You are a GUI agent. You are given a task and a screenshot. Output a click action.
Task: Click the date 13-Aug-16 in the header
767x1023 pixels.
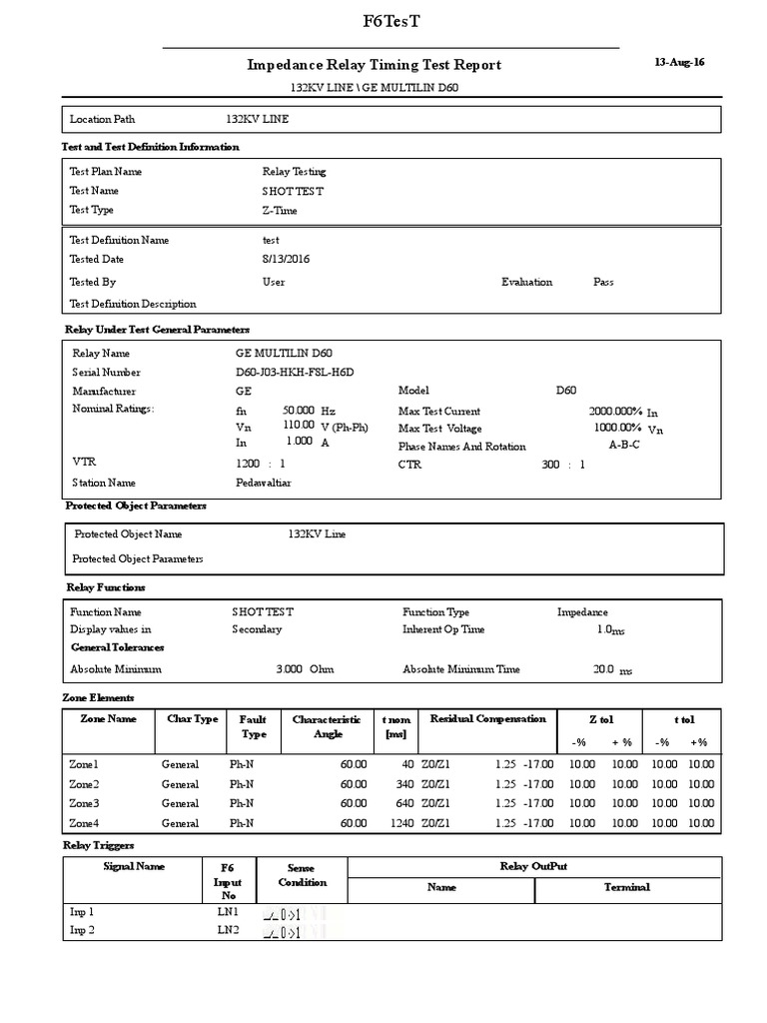point(679,62)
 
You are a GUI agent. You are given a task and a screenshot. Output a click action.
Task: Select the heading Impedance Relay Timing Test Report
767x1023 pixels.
point(374,65)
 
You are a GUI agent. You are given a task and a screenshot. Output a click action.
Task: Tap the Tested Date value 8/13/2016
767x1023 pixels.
point(286,259)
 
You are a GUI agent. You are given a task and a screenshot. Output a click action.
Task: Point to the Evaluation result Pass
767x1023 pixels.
point(603,282)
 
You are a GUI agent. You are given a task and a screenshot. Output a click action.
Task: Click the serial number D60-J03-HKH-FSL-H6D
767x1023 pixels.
point(295,373)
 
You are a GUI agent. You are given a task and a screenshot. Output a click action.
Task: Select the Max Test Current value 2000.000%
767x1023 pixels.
point(614,412)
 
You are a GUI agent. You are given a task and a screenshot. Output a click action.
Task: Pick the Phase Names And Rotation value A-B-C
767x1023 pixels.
point(624,446)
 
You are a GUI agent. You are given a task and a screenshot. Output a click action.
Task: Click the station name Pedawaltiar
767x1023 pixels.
point(264,483)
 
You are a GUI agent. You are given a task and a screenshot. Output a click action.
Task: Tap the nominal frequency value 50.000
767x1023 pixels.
point(300,411)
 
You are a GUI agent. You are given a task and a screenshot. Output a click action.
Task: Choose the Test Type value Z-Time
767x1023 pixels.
point(280,211)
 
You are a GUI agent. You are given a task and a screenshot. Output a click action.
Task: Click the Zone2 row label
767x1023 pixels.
point(84,784)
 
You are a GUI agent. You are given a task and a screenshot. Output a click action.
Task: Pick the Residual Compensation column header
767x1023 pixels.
point(487,719)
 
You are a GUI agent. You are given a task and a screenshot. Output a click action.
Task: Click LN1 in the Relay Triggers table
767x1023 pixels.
point(228,912)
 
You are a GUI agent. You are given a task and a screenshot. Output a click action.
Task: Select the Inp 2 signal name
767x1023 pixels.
point(82,931)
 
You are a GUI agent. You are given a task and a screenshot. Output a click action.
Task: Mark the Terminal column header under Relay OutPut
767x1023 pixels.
point(626,887)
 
